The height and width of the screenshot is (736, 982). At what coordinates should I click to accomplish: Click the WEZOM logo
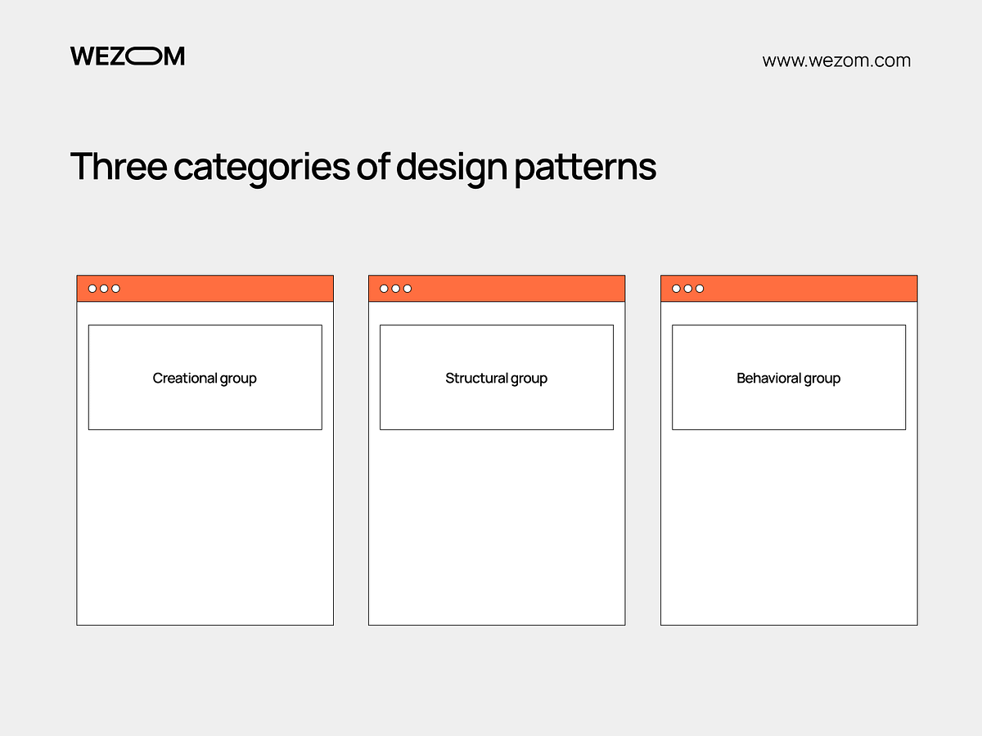127,56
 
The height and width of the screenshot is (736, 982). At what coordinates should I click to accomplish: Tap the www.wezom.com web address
836,61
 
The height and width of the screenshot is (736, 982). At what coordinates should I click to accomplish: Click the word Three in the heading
118,167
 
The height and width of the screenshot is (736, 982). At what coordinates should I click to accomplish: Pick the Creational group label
205,378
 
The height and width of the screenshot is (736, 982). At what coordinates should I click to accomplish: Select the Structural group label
496,378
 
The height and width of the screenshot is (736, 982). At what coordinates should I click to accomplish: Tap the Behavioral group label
788,378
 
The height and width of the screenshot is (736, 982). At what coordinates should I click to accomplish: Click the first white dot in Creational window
92,289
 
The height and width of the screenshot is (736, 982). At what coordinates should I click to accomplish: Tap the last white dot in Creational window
115,289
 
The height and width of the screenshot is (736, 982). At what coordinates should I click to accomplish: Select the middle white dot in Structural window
396,289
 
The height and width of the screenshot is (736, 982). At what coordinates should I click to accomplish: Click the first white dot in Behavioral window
676,289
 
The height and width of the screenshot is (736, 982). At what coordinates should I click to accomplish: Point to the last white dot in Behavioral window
700,289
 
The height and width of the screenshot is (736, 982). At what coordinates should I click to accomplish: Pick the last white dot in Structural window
408,289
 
